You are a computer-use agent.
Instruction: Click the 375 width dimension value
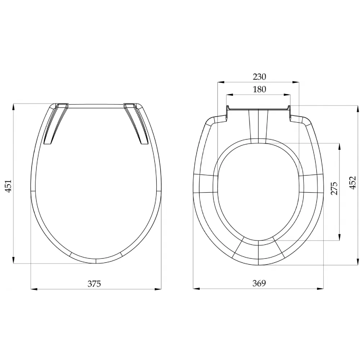[94, 283]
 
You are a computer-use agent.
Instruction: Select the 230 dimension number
[259, 77]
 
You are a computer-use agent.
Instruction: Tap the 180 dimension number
[259, 89]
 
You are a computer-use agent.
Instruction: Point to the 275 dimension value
[334, 188]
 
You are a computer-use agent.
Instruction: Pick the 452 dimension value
[354, 183]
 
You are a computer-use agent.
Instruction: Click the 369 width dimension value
[258, 283]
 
